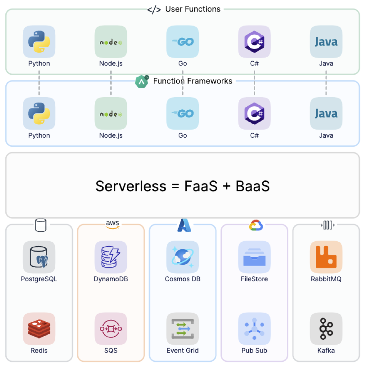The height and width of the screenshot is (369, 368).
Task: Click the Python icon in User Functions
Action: pos(39,41)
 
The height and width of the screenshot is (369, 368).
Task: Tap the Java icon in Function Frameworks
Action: pos(326,113)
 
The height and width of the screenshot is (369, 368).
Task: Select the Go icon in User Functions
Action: pos(182,41)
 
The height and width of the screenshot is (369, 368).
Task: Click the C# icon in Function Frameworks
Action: pos(254,113)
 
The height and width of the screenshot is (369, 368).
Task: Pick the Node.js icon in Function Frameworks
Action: pos(111,113)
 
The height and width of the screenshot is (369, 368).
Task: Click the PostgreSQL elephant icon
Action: pos(39,257)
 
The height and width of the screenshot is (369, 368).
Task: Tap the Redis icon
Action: pos(39,329)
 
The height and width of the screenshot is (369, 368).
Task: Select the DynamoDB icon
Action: pos(111,257)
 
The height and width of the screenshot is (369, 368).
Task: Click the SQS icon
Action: pos(111,329)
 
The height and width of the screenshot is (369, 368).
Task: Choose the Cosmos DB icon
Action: pos(182,257)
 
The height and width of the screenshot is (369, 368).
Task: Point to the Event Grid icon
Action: pos(182,329)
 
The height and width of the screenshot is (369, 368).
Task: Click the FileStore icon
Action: pos(254,257)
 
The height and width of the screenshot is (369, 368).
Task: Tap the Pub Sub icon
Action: pos(254,329)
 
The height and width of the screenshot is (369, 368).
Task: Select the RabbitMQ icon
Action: pos(326,257)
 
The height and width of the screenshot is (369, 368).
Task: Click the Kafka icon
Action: pos(326,329)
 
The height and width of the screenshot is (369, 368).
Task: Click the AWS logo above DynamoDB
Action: pos(112,225)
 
